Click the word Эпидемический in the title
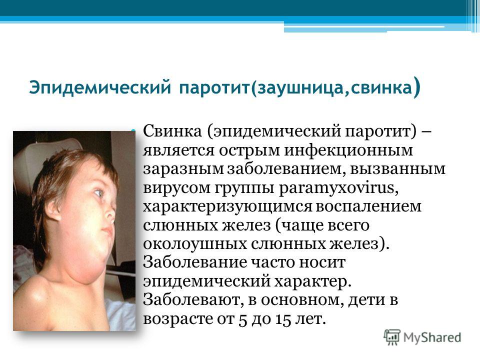pos(100,88)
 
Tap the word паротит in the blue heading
pos(214,88)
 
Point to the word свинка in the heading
pos(381,88)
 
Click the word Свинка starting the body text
pos(172,131)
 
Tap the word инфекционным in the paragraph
pos(348,151)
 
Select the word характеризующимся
pos(227,207)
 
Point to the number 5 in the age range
pos(242,319)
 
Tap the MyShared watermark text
pos(432,338)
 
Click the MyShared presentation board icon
pos(392,337)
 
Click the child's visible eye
pos(98,193)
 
